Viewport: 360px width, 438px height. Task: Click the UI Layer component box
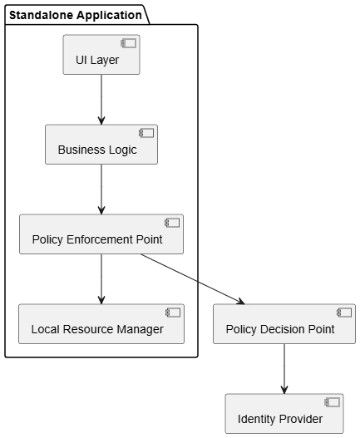pos(101,55)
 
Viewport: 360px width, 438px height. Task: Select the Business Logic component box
pos(101,145)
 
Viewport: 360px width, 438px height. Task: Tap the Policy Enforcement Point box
pos(101,234)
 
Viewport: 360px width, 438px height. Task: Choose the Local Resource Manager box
pos(101,324)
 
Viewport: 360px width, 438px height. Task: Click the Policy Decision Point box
pos(284,324)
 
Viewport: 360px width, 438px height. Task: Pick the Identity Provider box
pos(284,414)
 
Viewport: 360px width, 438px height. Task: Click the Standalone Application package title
pos(76,15)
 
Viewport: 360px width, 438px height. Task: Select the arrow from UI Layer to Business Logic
pos(101,100)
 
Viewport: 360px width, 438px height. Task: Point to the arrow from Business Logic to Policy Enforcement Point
pos(101,189)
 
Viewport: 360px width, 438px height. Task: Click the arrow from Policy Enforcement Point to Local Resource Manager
pos(101,279)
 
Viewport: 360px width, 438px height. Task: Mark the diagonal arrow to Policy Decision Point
pos(193,279)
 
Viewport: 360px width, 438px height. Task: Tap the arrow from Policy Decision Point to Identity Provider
pos(284,369)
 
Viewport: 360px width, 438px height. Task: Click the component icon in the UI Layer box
pos(129,43)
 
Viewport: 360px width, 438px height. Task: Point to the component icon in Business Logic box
pos(146,133)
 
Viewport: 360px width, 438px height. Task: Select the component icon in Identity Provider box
pos(333,402)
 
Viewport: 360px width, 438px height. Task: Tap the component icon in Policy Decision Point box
pos(344,313)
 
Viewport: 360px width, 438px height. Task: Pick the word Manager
pos(140,330)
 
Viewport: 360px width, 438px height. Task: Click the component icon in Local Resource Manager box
pos(173,313)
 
